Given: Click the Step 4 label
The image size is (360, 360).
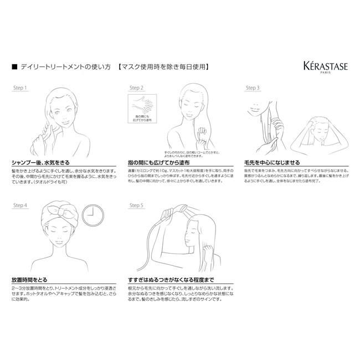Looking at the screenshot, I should pyautogui.click(x=20, y=205).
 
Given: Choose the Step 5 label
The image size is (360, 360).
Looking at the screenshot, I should pyautogui.click(x=136, y=205).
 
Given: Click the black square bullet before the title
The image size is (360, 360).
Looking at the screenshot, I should pyautogui.click(x=14, y=67).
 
